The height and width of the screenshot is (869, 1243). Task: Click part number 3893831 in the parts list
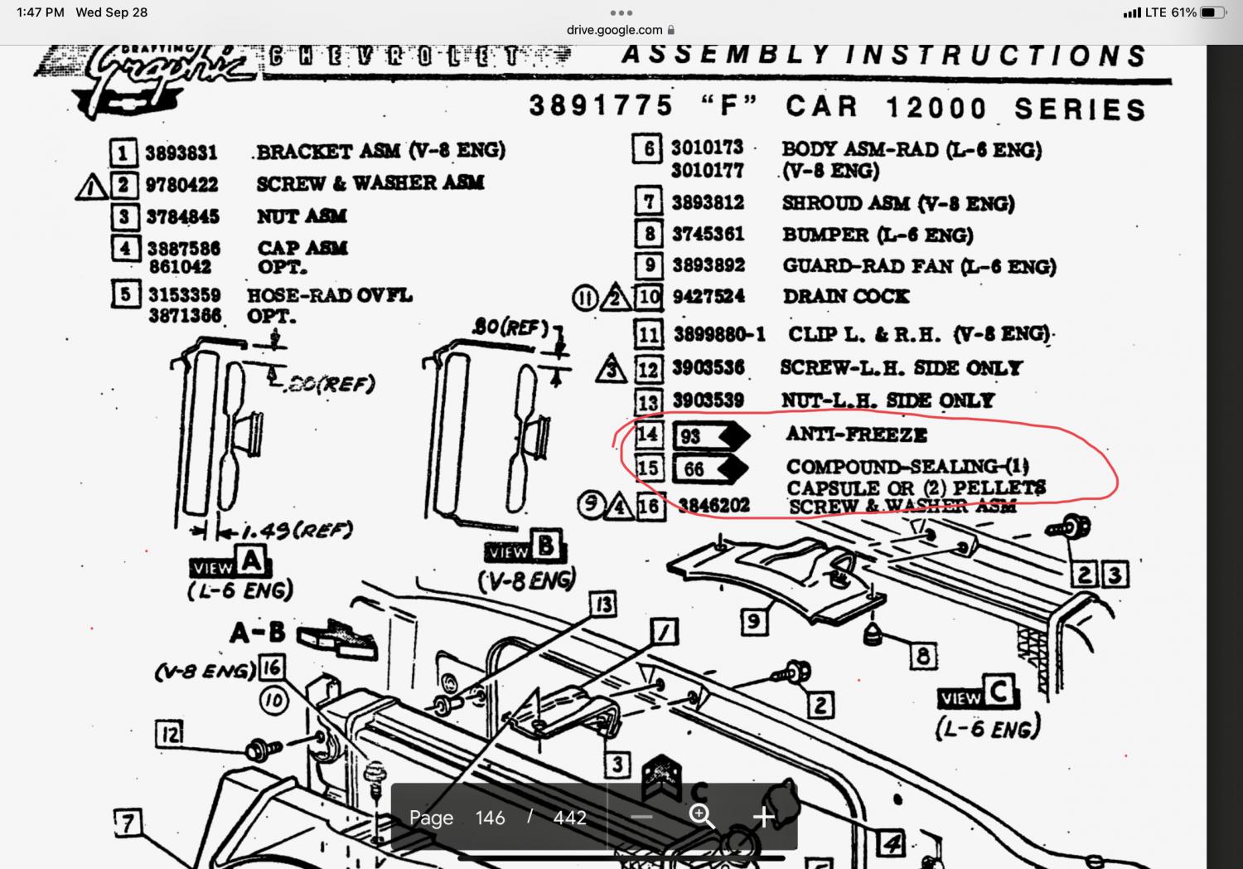pos(181,153)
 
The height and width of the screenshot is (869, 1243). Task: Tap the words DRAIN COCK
pos(845,296)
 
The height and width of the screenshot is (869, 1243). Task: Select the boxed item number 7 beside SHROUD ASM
pos(649,202)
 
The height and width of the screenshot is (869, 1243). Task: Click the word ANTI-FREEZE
pos(856,434)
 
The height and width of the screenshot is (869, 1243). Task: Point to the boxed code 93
pos(691,436)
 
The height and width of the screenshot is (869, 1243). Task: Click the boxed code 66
pos(694,469)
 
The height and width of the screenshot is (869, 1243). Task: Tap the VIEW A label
pos(228,564)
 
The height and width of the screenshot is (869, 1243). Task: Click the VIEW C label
pos(978,694)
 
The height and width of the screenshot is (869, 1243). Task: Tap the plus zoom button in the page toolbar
pos(763,817)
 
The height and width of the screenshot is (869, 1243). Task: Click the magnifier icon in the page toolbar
pos(702,817)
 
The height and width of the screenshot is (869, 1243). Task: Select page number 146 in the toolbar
pos(490,818)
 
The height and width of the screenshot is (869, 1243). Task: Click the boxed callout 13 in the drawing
pos(603,605)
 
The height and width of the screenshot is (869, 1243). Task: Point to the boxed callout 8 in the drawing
pos(922,657)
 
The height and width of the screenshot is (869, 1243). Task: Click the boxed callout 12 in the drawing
pos(169,734)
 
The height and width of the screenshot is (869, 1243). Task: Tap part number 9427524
pos(708,296)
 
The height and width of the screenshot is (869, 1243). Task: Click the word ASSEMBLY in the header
pos(726,56)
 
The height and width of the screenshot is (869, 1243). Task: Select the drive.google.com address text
pos(614,30)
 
